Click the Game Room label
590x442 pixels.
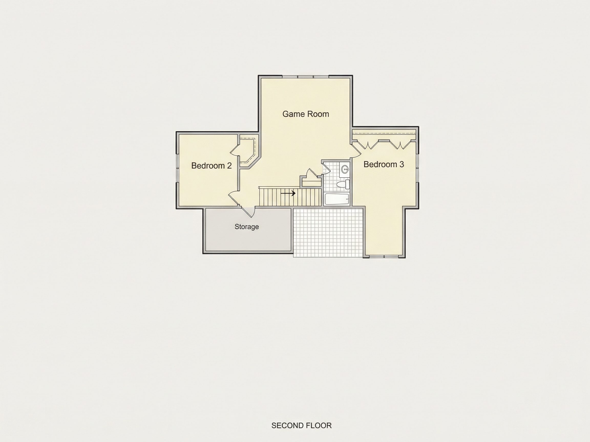pos(306,114)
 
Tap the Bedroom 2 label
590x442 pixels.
pos(212,166)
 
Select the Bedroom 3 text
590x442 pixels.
pos(384,164)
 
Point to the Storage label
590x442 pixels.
pos(247,227)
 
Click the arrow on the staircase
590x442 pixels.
pos(288,193)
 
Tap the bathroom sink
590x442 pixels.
pos(345,169)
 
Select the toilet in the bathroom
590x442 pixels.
pos(343,184)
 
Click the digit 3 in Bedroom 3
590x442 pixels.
pos(402,164)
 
